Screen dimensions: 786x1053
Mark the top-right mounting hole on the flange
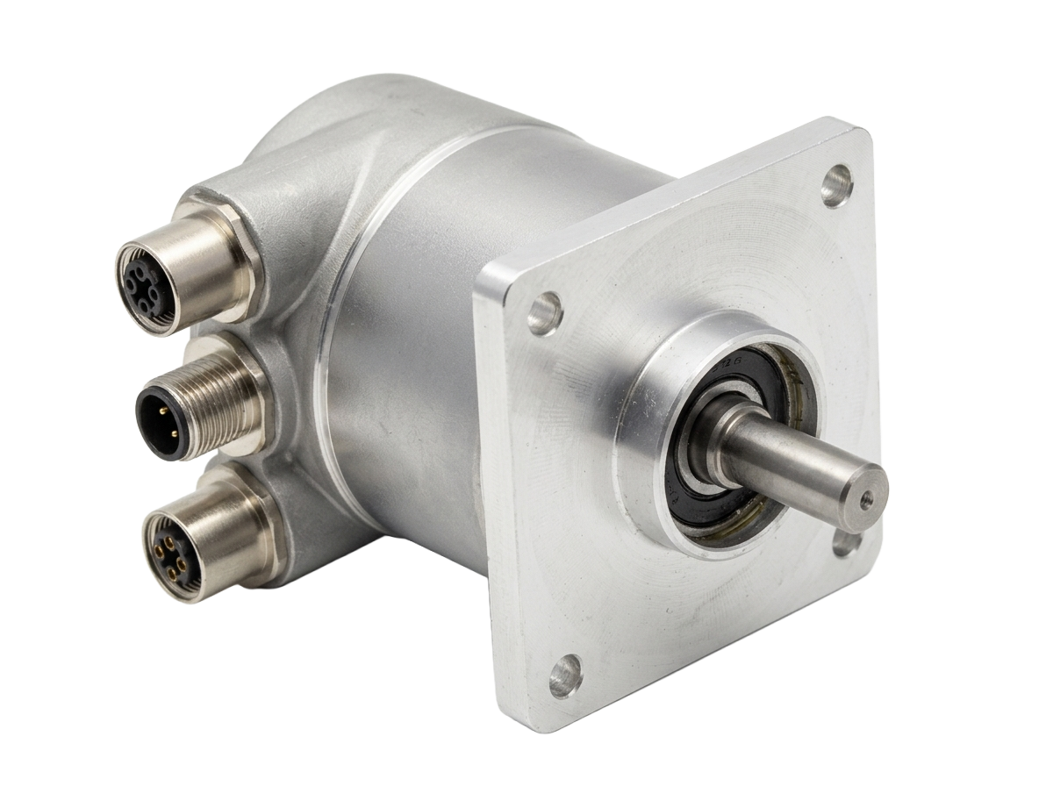pos(837,185)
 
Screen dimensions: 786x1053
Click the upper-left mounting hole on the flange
pos(544,313)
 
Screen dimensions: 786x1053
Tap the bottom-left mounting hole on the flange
pos(564,675)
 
